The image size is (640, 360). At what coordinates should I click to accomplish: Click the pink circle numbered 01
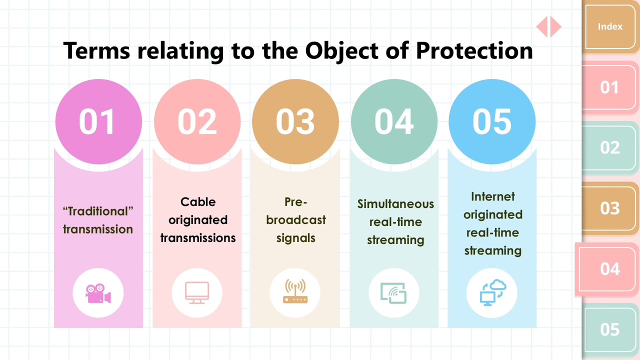tap(98, 121)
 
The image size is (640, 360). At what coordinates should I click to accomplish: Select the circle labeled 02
tap(197, 121)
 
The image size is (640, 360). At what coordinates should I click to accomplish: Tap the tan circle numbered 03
tap(295, 121)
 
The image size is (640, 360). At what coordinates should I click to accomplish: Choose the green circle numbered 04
tap(394, 121)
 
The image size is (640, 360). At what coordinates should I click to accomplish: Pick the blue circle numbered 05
tap(492, 121)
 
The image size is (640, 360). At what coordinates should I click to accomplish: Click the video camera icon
tap(98, 293)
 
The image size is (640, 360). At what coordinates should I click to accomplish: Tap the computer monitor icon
tap(197, 293)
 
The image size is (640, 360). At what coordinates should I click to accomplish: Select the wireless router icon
tap(295, 292)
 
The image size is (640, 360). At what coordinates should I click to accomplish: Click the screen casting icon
tap(394, 293)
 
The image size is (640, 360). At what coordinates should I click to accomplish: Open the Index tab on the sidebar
tap(610, 27)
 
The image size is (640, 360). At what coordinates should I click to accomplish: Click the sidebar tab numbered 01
tap(610, 87)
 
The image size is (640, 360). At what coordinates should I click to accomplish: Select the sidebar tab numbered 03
tap(610, 208)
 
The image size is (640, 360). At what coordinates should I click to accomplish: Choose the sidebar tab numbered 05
tap(610, 329)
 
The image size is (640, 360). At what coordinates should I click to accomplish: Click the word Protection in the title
tap(474, 51)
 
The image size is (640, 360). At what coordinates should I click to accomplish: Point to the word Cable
tap(198, 202)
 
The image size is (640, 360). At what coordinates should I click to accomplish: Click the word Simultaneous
tap(395, 204)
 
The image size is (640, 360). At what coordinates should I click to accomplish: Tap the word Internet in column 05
tap(492, 196)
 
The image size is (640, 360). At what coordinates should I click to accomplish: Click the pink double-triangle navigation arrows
tap(548, 26)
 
